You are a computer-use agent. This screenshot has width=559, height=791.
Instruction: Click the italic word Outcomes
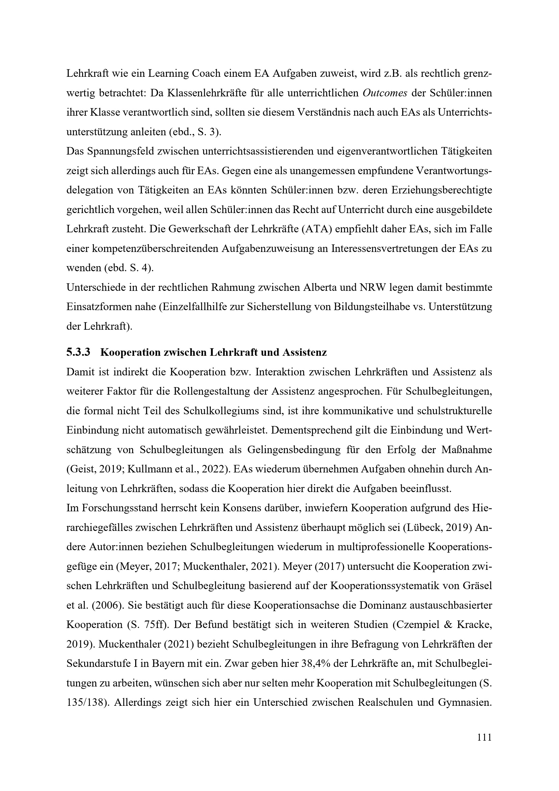pos(385,93)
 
